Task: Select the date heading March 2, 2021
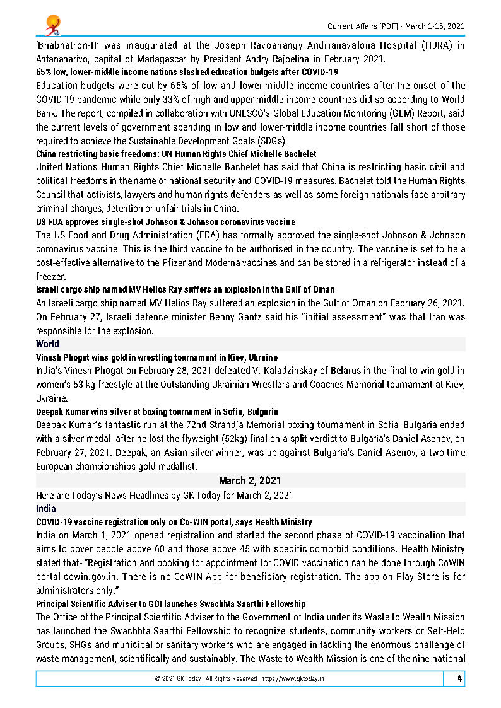click(250, 480)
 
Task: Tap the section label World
click(48, 344)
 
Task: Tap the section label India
click(46, 508)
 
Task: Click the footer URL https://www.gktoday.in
click(293, 679)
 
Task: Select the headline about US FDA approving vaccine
click(165, 222)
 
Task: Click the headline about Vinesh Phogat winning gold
click(156, 357)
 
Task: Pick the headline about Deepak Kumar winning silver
click(157, 412)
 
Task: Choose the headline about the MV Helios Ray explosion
click(185, 289)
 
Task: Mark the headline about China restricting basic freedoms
click(176, 154)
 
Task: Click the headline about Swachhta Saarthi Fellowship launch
click(170, 604)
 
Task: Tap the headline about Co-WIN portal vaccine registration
click(174, 522)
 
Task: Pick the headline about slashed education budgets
click(187, 72)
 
